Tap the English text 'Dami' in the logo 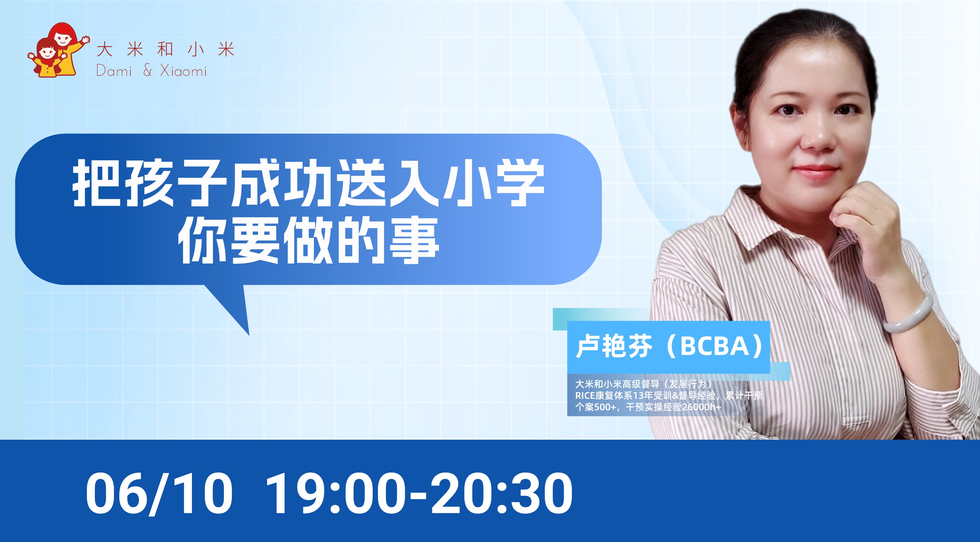(x=114, y=71)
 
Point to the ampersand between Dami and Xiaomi (x=148, y=71)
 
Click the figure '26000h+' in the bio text (x=701, y=407)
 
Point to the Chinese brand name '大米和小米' (x=165, y=50)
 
